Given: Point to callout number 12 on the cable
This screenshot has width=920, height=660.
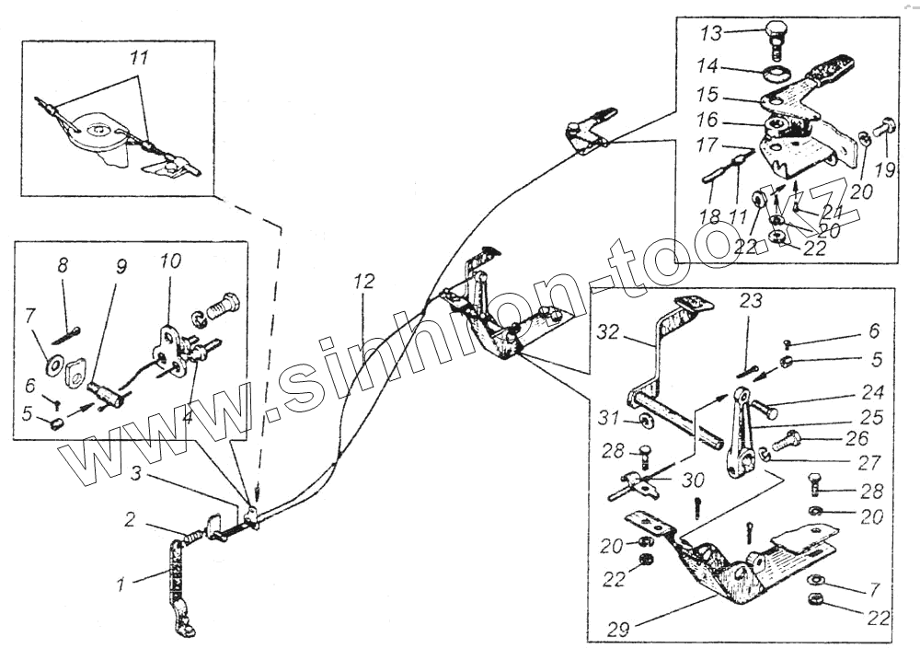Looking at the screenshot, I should pos(364,282).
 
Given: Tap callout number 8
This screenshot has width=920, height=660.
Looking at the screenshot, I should pos(63,266).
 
